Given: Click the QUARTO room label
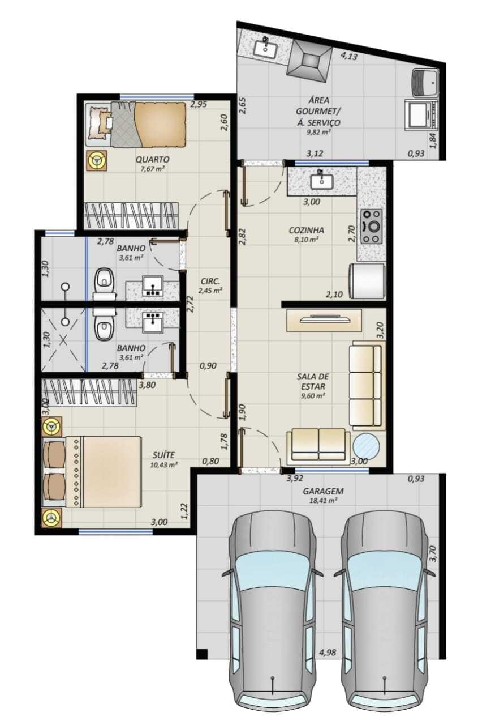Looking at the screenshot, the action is pyautogui.click(x=152, y=160).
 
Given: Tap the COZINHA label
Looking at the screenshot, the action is pyautogui.click(x=307, y=230).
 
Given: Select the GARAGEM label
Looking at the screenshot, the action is pyautogui.click(x=323, y=491).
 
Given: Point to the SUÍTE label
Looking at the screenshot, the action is pyautogui.click(x=164, y=455).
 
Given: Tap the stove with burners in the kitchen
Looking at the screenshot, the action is pyautogui.click(x=372, y=226).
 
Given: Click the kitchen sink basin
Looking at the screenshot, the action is pyautogui.click(x=322, y=182).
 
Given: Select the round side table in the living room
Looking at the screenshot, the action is pyautogui.click(x=366, y=446).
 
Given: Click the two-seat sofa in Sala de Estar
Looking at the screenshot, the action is pyautogui.click(x=318, y=444).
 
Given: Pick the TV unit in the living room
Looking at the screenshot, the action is pyautogui.click(x=324, y=320).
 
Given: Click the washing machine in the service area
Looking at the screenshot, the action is pyautogui.click(x=425, y=82).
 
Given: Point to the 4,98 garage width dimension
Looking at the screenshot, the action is pyautogui.click(x=327, y=652).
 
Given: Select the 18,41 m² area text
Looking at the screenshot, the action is pyautogui.click(x=323, y=500).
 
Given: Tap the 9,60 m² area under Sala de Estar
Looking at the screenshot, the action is pyautogui.click(x=312, y=395).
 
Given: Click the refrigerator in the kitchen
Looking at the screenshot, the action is pyautogui.click(x=367, y=280).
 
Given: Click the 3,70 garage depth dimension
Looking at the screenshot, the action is pyautogui.click(x=433, y=554).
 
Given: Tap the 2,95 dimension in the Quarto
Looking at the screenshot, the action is pyautogui.click(x=199, y=105).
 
